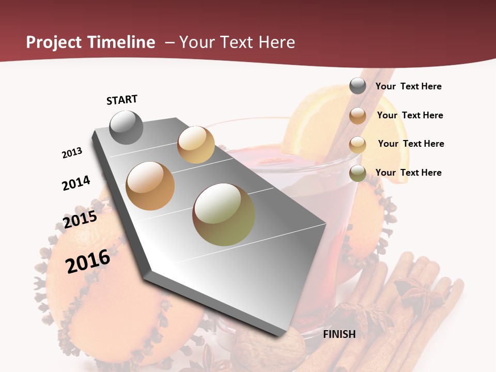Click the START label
(122, 100)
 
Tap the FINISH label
(339, 334)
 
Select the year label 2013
(72, 153)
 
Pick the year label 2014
(76, 183)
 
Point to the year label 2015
(80, 220)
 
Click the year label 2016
(88, 261)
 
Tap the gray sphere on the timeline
(126, 127)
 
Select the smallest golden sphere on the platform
(196, 145)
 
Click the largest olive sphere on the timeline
(224, 214)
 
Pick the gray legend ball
(358, 86)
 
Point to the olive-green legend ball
(358, 173)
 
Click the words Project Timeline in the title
(90, 42)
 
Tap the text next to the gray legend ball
(408, 86)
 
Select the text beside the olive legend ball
(408, 173)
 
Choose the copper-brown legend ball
(358, 116)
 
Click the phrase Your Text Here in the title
(237, 42)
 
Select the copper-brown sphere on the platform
(150, 186)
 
